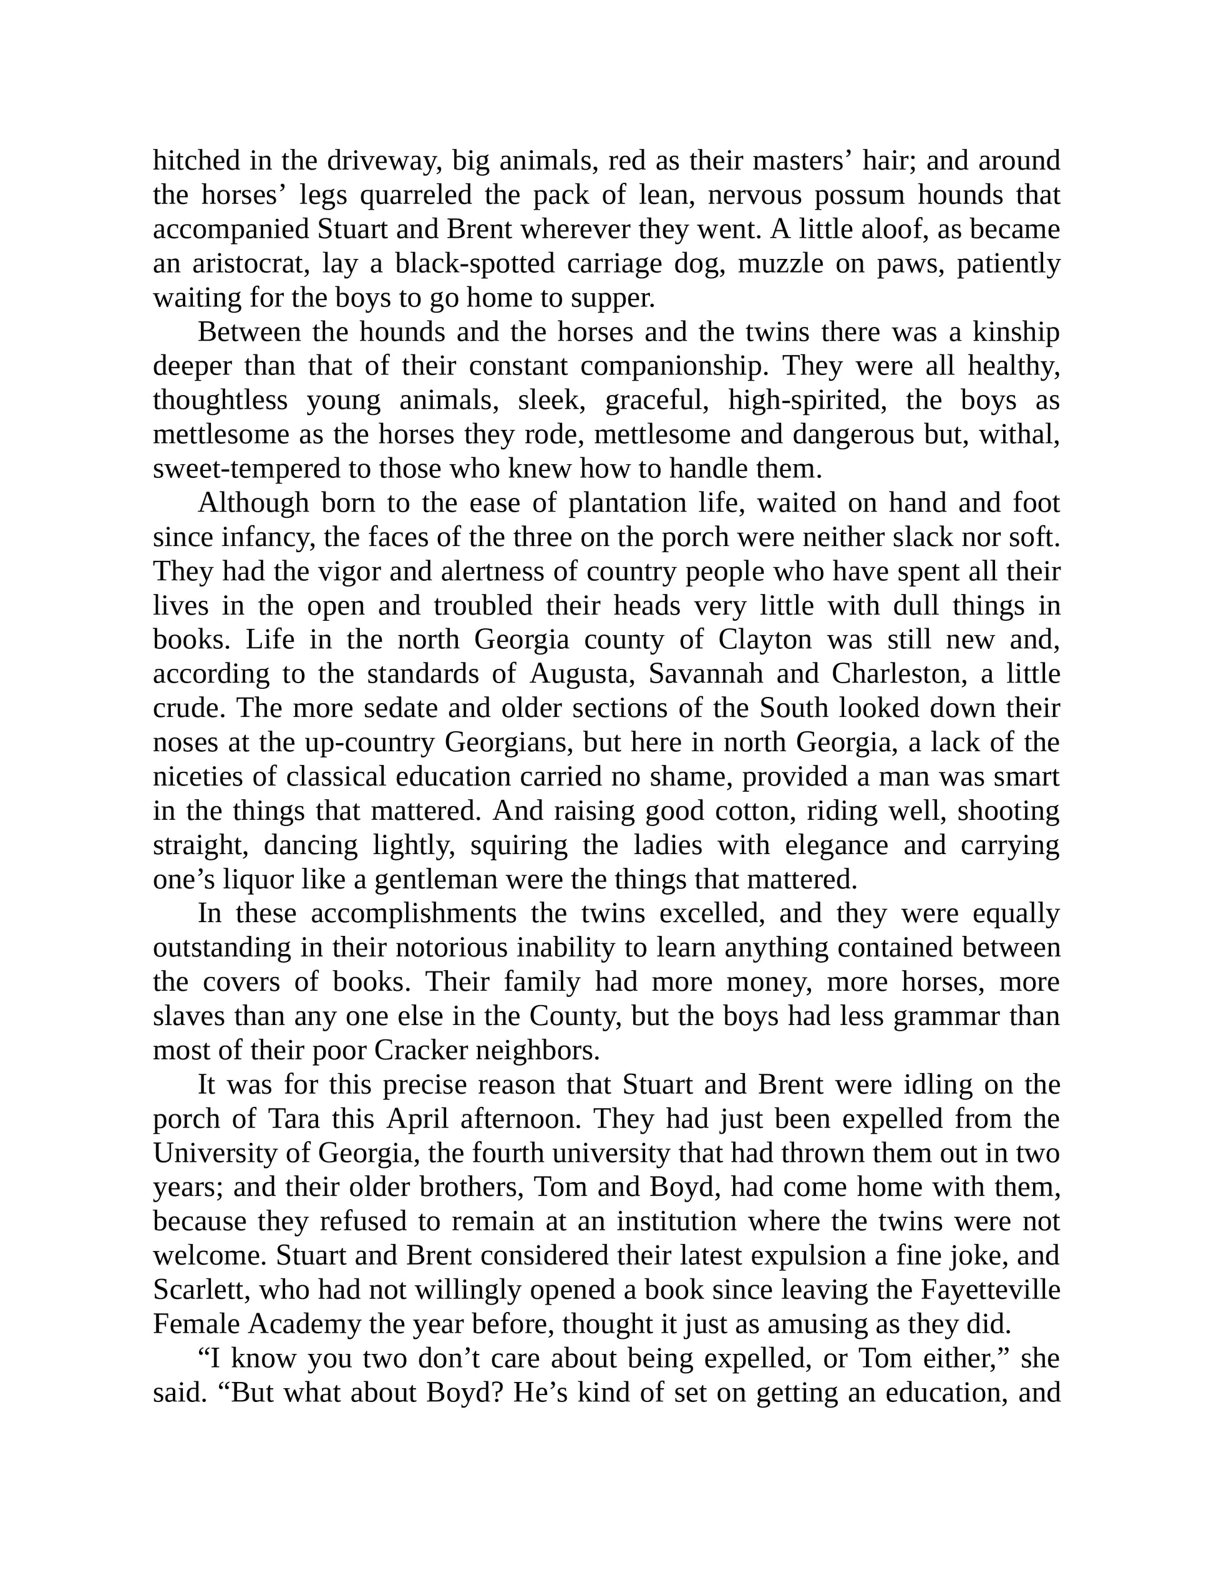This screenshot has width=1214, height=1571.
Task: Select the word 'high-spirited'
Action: [x=807, y=401]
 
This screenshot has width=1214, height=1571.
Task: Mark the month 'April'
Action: [x=417, y=1119]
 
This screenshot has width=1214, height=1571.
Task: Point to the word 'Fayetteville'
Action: [x=990, y=1290]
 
